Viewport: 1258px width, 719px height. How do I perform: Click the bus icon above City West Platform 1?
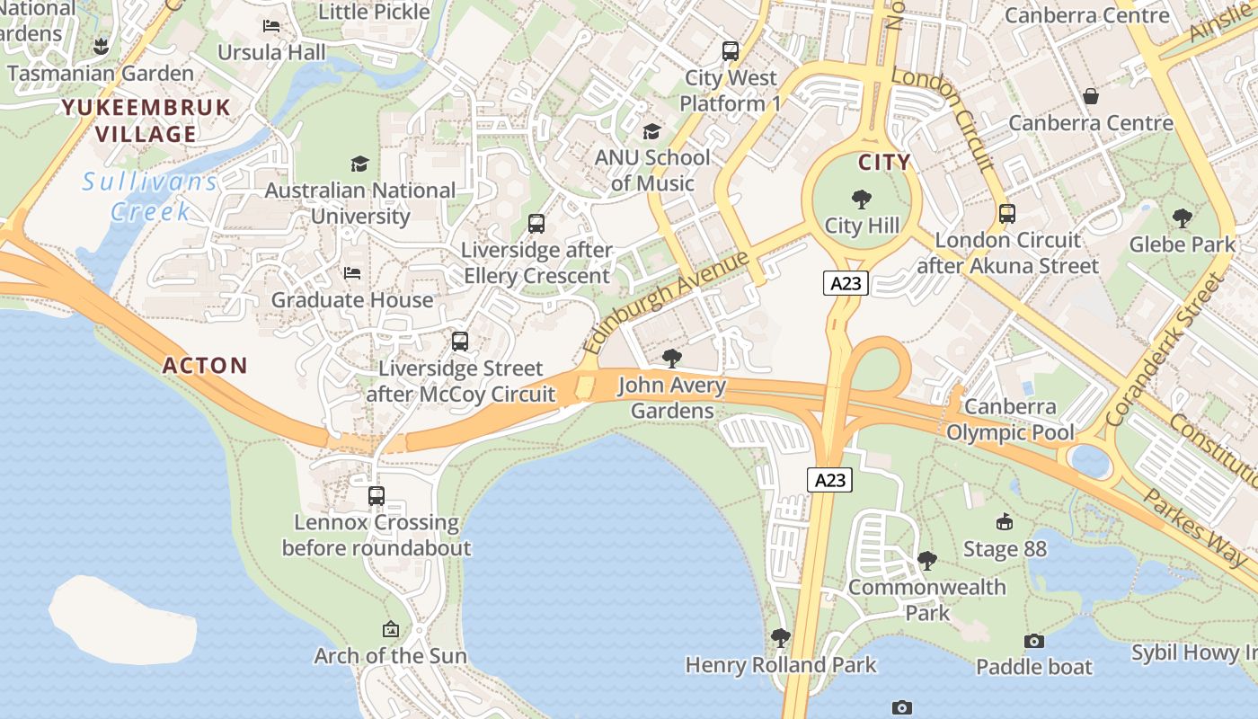pos(731,51)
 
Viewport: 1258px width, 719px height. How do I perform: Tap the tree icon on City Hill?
pos(861,200)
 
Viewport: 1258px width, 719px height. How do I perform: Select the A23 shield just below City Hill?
pos(846,284)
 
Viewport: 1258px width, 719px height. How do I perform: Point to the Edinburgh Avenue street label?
pos(665,303)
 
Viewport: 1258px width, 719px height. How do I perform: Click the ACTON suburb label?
pos(205,366)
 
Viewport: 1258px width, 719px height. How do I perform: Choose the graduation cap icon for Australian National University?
pos(359,164)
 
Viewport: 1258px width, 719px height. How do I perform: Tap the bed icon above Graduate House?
pos(352,273)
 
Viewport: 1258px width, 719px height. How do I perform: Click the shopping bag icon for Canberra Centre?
pos(1091,95)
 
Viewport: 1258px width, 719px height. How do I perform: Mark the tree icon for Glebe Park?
pos(1183,217)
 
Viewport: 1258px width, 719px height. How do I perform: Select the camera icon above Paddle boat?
pos(1034,641)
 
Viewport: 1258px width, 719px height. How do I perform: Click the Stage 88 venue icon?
pos(1005,522)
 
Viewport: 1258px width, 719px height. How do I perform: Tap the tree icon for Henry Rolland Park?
pos(780,638)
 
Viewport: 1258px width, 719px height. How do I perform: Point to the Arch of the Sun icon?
pos(390,629)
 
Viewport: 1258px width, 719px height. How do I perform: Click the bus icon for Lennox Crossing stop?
pos(377,495)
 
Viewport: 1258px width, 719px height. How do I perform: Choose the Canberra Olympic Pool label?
pos(1010,420)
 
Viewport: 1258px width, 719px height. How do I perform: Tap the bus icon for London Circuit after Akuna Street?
pos(1007,214)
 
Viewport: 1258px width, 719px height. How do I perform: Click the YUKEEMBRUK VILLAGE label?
pos(146,121)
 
